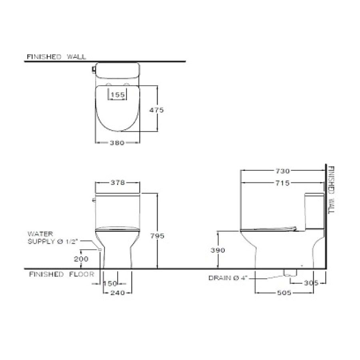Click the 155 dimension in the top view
pyautogui.click(x=118, y=95)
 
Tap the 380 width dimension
pyautogui.click(x=118, y=142)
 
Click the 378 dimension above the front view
pyautogui.click(x=118, y=183)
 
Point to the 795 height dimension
pyautogui.click(x=158, y=236)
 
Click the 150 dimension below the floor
pyautogui.click(x=110, y=283)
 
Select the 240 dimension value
pyautogui.click(x=118, y=293)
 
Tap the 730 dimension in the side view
pyautogui.click(x=282, y=171)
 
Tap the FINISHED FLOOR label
pyautogui.click(x=61, y=274)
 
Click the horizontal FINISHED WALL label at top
pyautogui.click(x=56, y=57)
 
